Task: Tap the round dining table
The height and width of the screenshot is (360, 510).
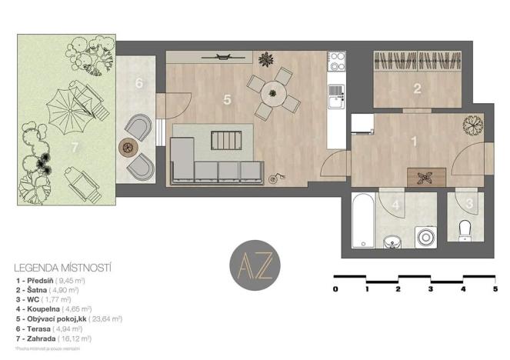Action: tap(272, 94)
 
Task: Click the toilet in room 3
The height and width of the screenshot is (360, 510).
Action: tap(463, 228)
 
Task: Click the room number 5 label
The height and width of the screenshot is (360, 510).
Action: tap(227, 98)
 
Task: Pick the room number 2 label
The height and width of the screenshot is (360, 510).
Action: tap(417, 88)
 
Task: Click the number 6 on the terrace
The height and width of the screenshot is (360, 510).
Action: tap(139, 82)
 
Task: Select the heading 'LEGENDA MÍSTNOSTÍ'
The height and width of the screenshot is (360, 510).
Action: tap(63, 268)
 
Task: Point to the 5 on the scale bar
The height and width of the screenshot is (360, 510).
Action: tap(495, 289)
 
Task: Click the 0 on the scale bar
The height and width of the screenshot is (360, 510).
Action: tap(335, 289)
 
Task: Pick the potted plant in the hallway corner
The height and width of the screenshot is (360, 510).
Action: tap(473, 123)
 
